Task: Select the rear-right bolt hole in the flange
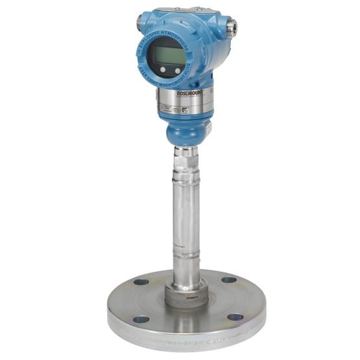click(x=228, y=280)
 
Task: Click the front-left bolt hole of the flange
click(x=141, y=319)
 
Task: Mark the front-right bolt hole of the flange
click(x=235, y=317)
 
